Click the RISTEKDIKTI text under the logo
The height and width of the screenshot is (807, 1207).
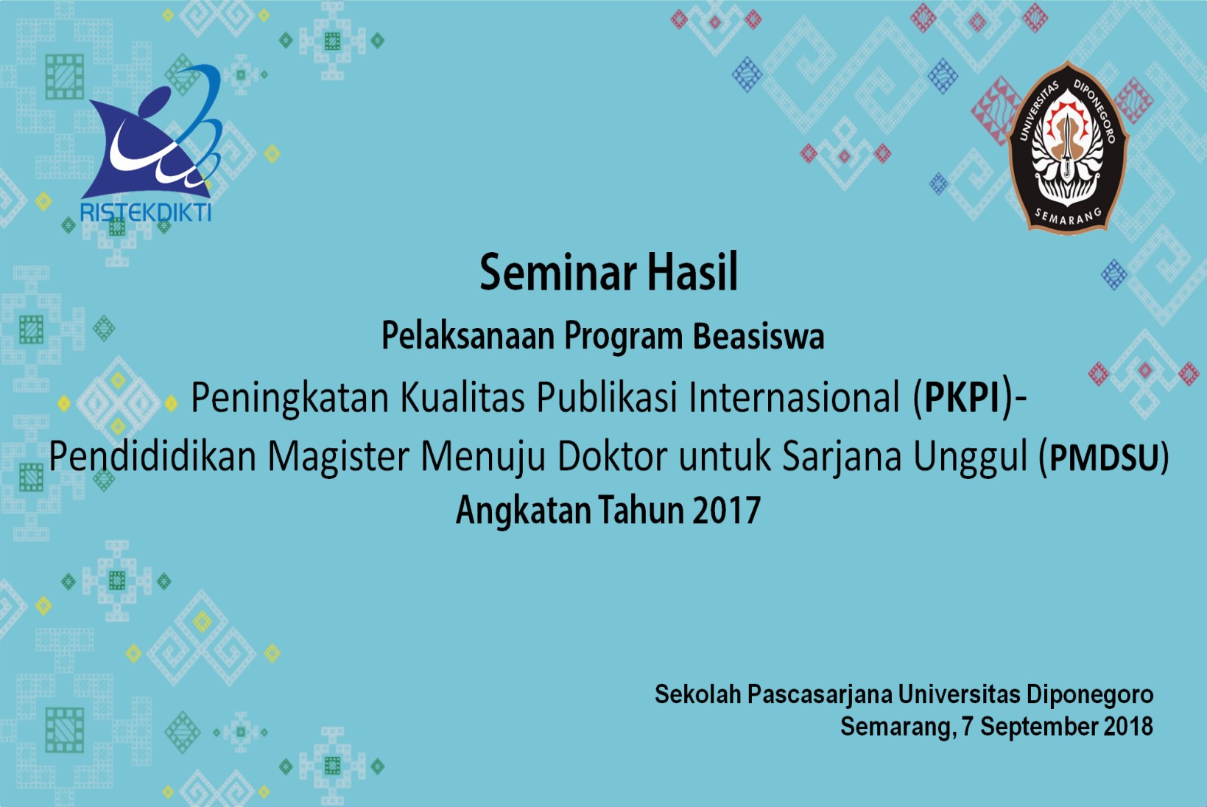pyautogui.click(x=146, y=213)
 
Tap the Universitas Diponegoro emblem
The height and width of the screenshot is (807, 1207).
pyautogui.click(x=1067, y=147)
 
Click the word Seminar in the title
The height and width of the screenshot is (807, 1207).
pyautogui.click(x=558, y=273)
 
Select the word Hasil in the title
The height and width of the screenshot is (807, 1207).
pyautogui.click(x=692, y=273)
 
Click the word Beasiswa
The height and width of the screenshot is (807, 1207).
pyautogui.click(x=759, y=336)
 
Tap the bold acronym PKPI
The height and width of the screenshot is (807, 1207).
pyautogui.click(x=963, y=397)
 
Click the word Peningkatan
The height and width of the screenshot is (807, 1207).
pyautogui.click(x=290, y=399)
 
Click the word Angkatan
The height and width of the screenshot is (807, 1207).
pyautogui.click(x=523, y=511)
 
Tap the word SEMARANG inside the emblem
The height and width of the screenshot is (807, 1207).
pyautogui.click(x=1067, y=217)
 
